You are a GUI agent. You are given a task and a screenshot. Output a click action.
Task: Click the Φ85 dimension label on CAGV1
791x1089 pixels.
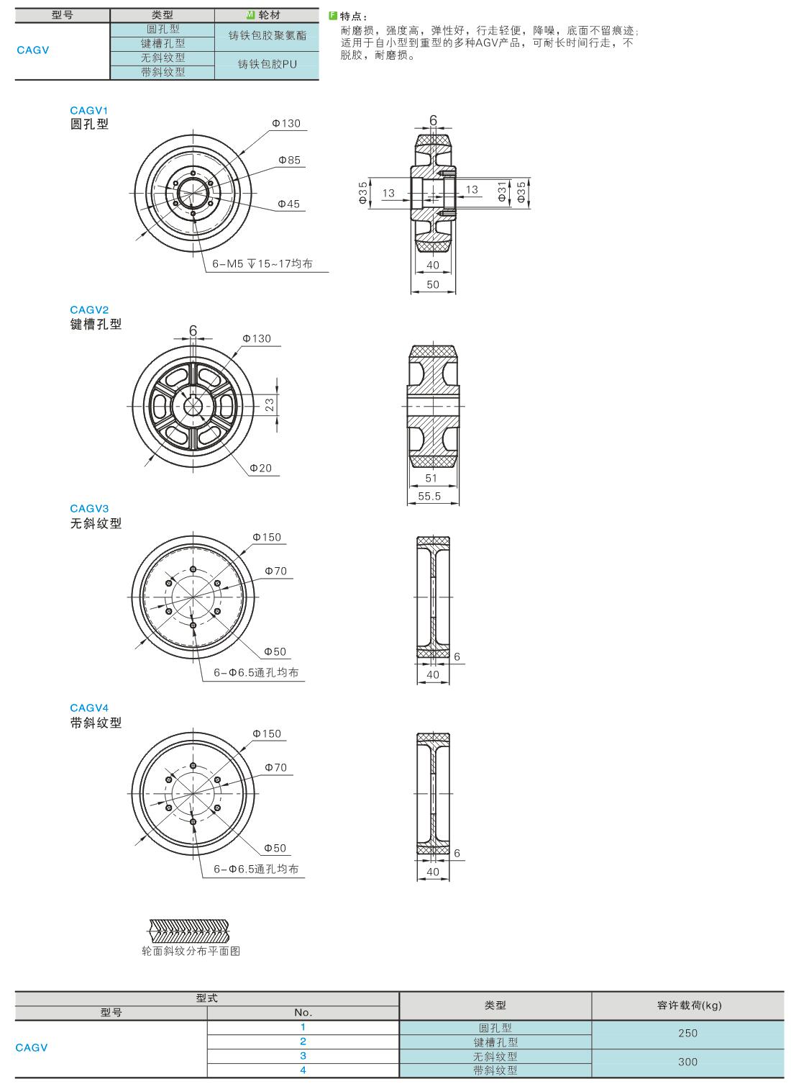point(289,160)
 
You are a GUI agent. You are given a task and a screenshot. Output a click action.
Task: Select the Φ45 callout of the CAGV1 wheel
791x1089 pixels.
point(288,204)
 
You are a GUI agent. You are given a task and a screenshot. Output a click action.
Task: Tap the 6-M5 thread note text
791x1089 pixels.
point(262,264)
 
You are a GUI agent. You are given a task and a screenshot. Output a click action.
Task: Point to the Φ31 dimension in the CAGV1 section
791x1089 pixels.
point(502,191)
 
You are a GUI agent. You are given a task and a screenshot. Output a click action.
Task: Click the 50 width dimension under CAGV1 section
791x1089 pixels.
point(433,284)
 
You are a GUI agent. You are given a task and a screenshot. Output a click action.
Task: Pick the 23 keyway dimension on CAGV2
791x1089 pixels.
point(270,405)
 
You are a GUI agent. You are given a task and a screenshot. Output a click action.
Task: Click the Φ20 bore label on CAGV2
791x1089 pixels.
point(261,468)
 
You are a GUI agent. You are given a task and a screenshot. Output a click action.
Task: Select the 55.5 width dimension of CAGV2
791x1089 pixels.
point(430,496)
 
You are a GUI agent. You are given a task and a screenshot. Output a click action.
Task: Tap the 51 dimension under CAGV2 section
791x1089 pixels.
point(431,478)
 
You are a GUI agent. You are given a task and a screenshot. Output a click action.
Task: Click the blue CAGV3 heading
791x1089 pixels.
point(89,509)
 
